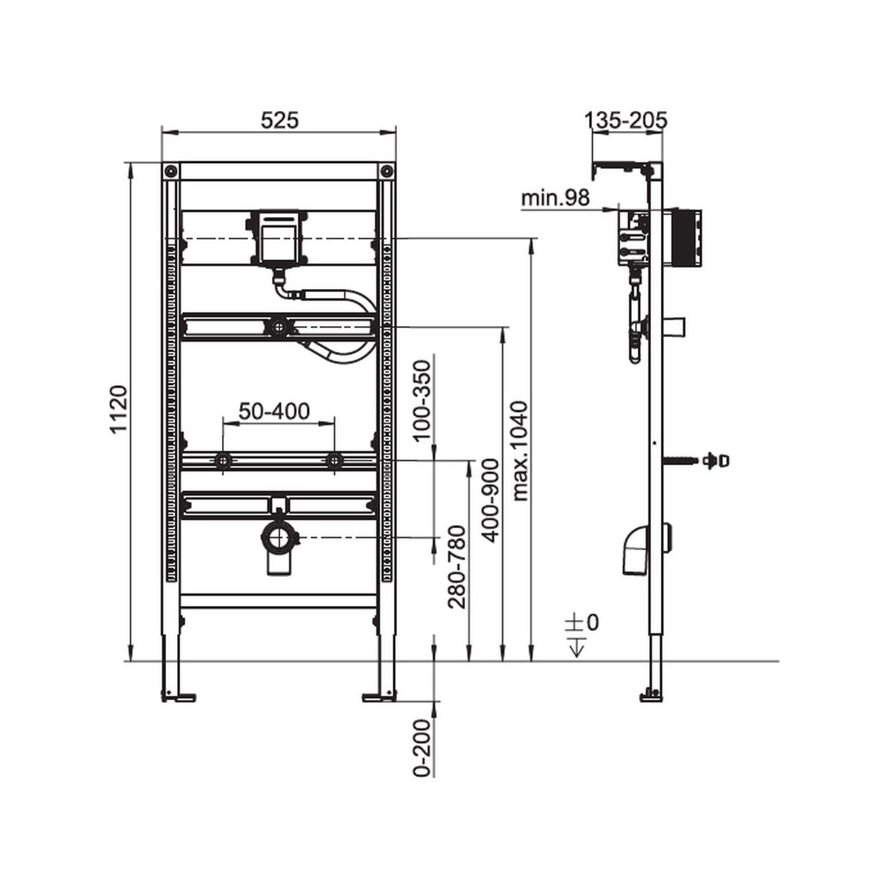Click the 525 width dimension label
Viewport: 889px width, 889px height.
tap(280, 121)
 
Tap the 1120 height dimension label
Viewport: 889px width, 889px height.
tap(118, 409)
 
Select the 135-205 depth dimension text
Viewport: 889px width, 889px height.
tap(626, 121)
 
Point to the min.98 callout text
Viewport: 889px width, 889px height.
tap(556, 198)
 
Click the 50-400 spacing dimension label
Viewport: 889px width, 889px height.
tap(274, 411)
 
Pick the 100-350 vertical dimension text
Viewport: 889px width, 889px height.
tap(422, 401)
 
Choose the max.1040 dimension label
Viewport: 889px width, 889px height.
tap(519, 451)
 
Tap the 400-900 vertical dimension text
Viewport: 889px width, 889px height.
tap(490, 500)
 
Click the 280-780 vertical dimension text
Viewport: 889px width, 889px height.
tap(458, 567)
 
